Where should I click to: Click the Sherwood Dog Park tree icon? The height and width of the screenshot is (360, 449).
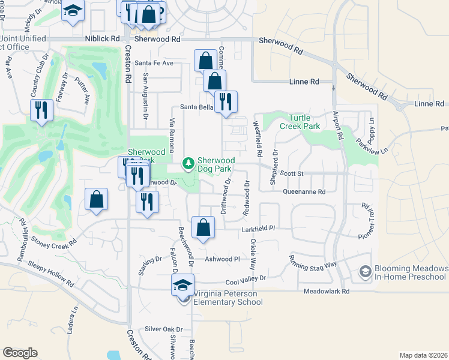point(188,163)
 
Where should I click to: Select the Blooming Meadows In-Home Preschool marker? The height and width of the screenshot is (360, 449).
point(364,272)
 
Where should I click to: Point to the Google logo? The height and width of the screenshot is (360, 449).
point(20,352)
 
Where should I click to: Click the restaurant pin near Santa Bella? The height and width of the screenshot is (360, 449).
point(226,102)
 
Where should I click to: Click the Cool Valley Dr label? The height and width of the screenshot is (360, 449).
point(245,278)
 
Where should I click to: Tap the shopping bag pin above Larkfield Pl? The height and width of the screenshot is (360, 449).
point(203,227)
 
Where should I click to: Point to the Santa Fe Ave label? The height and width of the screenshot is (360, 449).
point(154,62)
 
